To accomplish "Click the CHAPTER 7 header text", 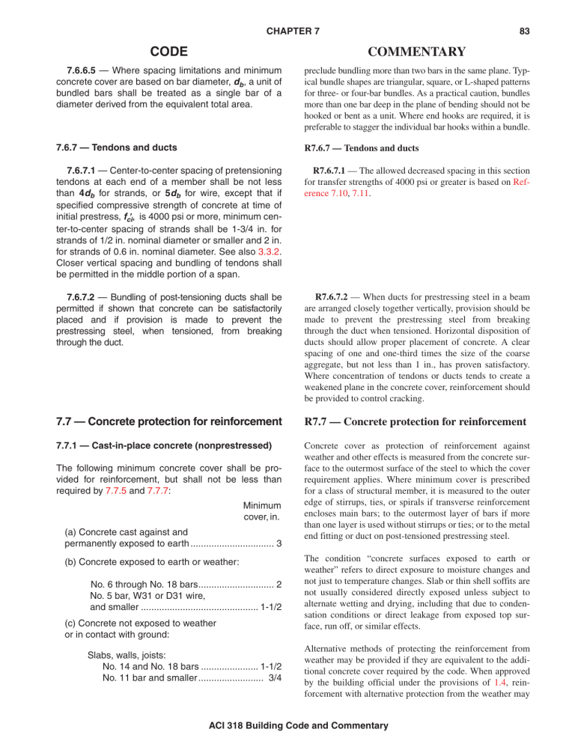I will click(x=287, y=11).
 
